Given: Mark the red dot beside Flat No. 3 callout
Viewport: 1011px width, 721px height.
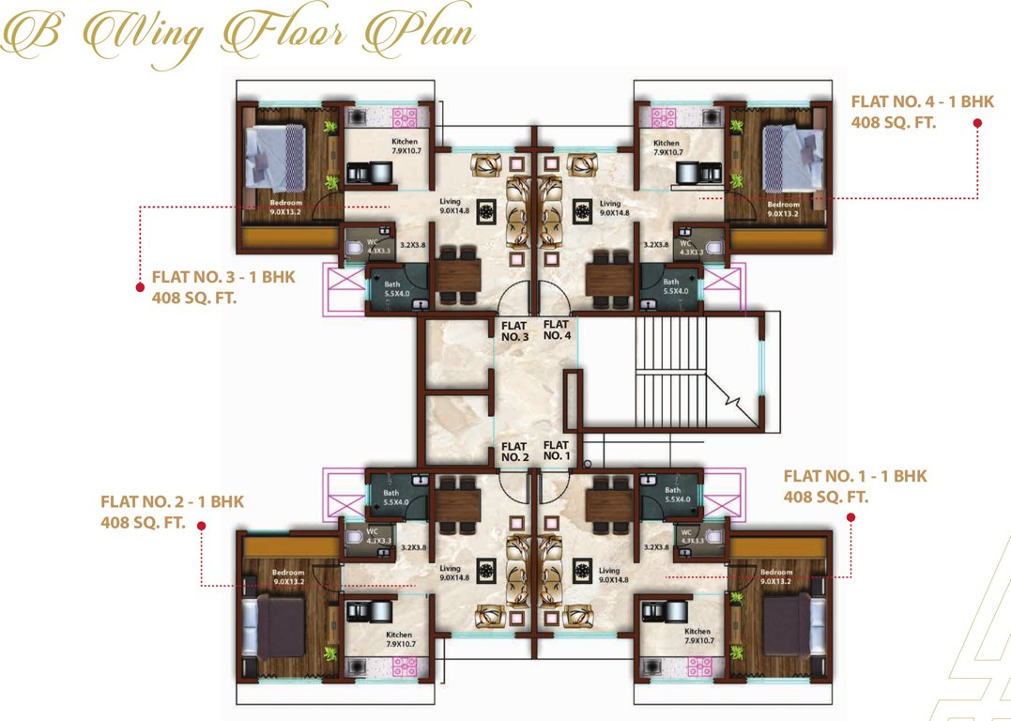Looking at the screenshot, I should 139,279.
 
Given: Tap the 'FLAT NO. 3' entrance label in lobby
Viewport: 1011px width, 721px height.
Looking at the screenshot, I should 515,330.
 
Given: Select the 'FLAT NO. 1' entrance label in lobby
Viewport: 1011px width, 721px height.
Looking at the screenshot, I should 556,451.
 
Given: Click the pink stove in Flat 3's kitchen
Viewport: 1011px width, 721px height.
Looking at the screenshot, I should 404,116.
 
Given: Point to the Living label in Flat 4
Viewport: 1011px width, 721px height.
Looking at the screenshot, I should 610,207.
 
